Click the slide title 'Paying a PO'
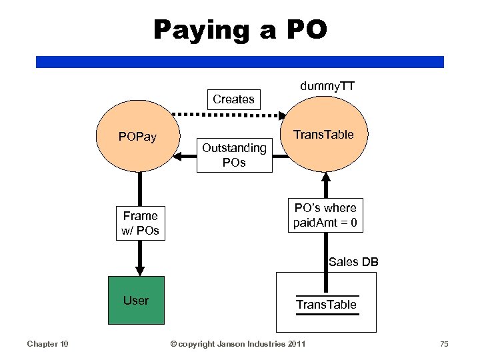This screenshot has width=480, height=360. pos(240,30)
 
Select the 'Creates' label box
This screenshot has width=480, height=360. pos(233,99)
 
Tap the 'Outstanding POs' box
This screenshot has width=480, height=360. pos(234,155)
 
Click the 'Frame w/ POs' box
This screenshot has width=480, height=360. pos(140,223)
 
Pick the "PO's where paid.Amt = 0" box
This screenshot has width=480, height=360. pos(326,215)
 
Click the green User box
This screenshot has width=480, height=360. pos(136,300)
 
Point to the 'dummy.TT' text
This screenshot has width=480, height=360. pos(327,86)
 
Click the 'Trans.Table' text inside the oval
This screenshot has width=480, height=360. pos(325,134)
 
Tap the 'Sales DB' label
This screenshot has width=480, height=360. pos(353,262)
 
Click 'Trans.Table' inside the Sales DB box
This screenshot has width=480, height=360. pos(326,305)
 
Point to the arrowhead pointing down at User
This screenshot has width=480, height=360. pos(139,270)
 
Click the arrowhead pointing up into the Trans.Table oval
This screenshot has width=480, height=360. pos(326,177)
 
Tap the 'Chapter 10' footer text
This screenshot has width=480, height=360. pos(47,343)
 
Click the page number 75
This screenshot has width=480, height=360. pos(444,343)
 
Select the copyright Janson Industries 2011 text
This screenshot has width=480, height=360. pos(238,343)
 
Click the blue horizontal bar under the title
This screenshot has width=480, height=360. pos(240,61)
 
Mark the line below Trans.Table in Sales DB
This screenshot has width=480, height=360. pos(326,314)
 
